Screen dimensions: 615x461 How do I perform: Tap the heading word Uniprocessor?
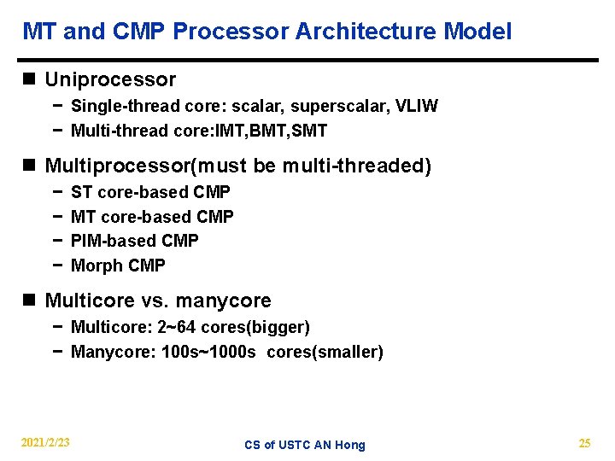[x=110, y=80]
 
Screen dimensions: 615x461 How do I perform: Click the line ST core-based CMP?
[x=150, y=192]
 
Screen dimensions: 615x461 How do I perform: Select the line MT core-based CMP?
[x=152, y=217]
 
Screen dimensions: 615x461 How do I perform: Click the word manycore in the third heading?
[x=230, y=301]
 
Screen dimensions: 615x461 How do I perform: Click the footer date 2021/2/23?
[x=45, y=442]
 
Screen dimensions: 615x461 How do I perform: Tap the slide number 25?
[x=584, y=442]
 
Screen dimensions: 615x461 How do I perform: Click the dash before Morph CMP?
[x=56, y=266]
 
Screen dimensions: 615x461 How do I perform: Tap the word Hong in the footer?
[x=350, y=445]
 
